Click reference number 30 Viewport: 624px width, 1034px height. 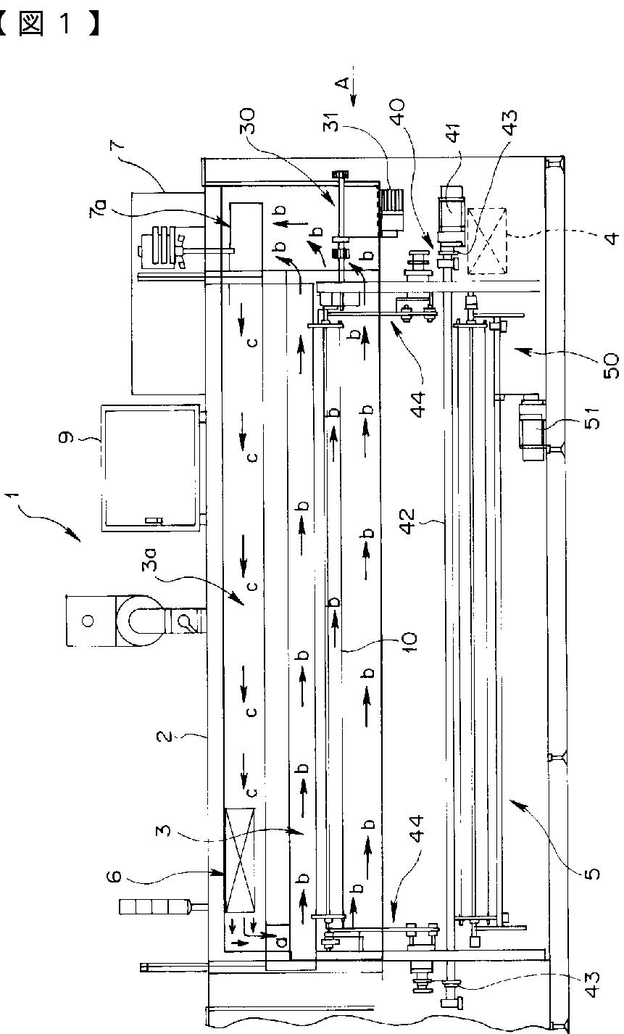pos(247,121)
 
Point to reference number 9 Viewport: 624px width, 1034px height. pos(67,437)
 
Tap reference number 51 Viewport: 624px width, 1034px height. pos(591,418)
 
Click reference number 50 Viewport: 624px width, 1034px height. pos(611,365)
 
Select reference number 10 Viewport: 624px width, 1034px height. pos(409,642)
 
